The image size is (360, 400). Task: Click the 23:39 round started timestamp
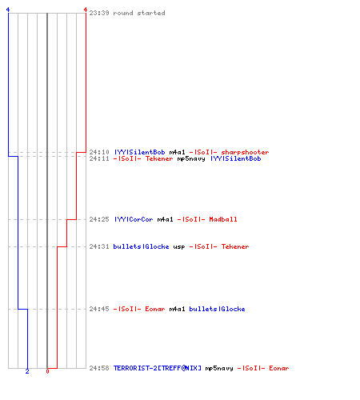[x=99, y=13]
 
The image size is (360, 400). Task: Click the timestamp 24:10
[x=99, y=152]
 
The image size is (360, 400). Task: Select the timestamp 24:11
[x=99, y=158]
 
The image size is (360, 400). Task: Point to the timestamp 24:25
[x=99, y=219]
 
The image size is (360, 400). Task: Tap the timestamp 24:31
[x=99, y=246]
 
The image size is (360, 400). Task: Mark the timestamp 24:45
[x=99, y=309]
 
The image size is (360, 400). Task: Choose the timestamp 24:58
[x=99, y=368]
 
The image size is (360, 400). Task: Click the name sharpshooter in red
[x=245, y=152]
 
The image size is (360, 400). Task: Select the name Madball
[x=223, y=219]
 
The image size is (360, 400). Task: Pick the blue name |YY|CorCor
[x=134, y=219]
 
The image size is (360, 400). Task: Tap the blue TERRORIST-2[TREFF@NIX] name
[x=158, y=368]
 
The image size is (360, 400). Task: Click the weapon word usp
[x=179, y=247]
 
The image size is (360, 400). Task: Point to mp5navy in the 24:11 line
[x=191, y=159]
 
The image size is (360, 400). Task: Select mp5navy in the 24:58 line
[x=219, y=368]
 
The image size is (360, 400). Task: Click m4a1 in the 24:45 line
[x=177, y=309]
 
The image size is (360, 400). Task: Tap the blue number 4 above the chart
[x=8, y=10]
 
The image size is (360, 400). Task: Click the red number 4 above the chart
[x=86, y=10]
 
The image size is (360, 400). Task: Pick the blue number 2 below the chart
[x=27, y=371]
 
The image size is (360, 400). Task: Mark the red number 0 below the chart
[x=47, y=371]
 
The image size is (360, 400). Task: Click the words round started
[x=139, y=13]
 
